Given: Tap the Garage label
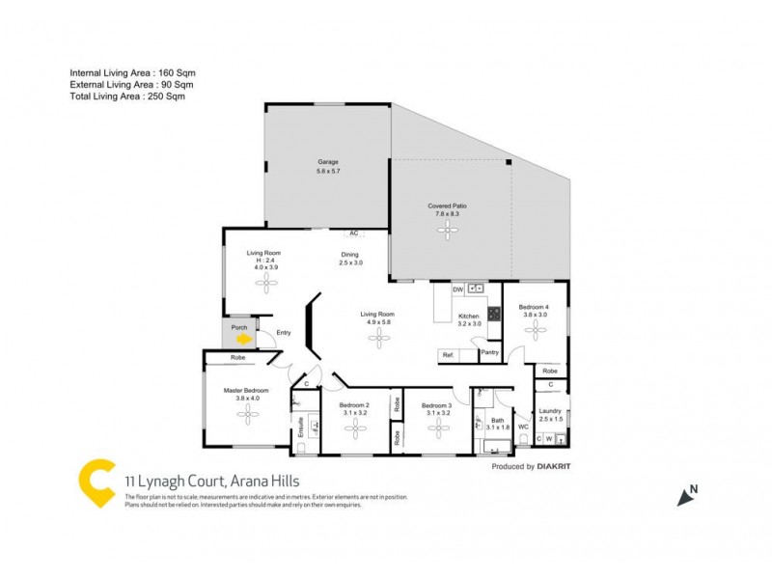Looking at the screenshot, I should (x=329, y=161).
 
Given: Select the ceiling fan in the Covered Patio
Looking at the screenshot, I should (x=447, y=229).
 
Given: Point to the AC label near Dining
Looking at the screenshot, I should (x=353, y=234).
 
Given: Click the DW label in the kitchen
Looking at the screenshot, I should (x=457, y=288).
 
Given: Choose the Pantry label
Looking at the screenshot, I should (x=490, y=352).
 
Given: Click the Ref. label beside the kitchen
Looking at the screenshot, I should (x=448, y=356).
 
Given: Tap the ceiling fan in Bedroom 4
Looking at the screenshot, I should (x=535, y=329).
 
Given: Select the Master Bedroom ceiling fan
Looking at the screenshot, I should (x=249, y=412).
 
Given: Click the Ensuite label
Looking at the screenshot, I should (x=301, y=426).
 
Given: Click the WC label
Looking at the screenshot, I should (x=522, y=426).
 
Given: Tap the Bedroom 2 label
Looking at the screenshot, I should (x=354, y=404).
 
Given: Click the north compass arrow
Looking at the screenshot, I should (x=687, y=496).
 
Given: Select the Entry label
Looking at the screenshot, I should (x=284, y=333).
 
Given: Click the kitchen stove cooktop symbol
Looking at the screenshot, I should (x=494, y=313).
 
